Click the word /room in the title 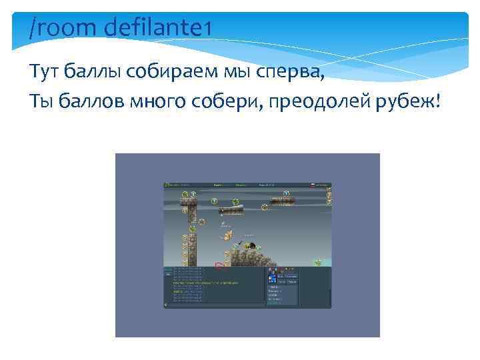tap(61, 29)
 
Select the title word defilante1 tap(158, 29)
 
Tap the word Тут tap(42, 71)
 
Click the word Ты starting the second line tap(41, 101)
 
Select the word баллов tap(91, 101)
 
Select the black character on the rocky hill tap(252, 245)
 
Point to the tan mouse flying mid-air tap(228, 235)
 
